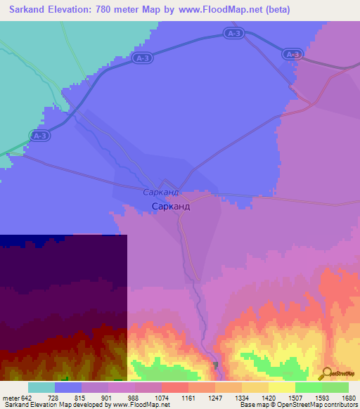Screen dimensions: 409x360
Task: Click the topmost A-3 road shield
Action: [234, 33]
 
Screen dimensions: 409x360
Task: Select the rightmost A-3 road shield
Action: [292, 54]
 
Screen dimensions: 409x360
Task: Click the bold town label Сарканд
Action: [172, 207]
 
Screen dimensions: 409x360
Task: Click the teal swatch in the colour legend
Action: [41, 387]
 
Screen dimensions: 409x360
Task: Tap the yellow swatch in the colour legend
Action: [281, 387]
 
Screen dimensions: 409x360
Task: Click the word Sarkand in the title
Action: [31, 10]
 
